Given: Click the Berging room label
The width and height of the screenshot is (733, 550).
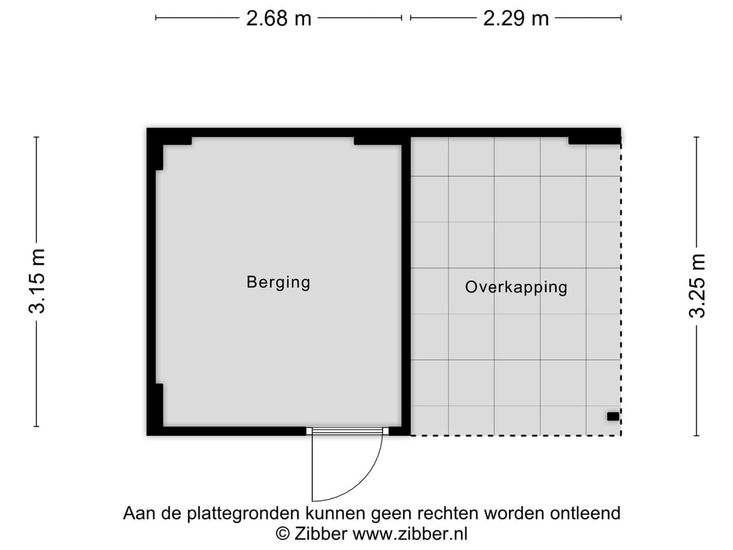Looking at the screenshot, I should tap(278, 282).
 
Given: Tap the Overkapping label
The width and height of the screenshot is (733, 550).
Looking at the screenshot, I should tap(516, 287).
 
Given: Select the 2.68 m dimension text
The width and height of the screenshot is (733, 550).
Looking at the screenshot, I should tap(278, 18).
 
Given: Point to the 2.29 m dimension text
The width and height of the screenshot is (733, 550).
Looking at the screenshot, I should tap(516, 18).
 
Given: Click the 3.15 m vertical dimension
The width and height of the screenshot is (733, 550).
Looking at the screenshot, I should tap(38, 281).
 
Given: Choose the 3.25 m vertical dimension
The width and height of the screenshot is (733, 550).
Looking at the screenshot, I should tap(698, 285).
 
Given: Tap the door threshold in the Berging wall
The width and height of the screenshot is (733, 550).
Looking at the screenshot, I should tap(347, 430).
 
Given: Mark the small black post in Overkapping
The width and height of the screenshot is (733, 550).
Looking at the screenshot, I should tap(613, 416).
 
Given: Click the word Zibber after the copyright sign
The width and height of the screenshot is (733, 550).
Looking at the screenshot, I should tap(320, 534).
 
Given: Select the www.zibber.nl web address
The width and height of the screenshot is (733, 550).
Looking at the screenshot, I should tap(409, 534).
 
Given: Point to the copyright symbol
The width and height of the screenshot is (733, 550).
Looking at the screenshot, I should tap(284, 534).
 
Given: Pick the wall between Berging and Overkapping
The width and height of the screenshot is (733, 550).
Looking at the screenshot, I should tap(406, 285).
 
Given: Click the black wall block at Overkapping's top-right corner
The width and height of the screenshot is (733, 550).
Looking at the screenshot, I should tap(595, 139).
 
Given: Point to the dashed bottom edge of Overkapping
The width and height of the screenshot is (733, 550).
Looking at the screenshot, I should tap(516, 435).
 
